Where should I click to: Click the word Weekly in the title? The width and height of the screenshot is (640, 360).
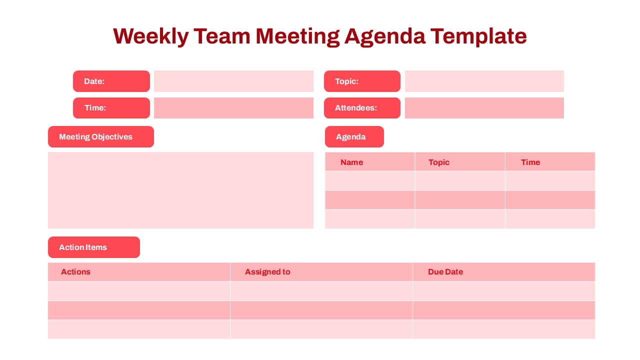(x=150, y=36)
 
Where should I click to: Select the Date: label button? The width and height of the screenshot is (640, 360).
(x=111, y=81)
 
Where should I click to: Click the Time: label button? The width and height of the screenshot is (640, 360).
(x=111, y=108)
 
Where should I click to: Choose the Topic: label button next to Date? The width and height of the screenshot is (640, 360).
(x=362, y=81)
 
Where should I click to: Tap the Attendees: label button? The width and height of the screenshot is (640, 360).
(x=362, y=108)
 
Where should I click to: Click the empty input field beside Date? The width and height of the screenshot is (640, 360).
(x=233, y=81)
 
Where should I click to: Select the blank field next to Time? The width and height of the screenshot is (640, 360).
(x=233, y=108)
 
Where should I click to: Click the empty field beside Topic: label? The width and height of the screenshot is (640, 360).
(x=484, y=81)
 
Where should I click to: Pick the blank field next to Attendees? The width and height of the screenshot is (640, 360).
(x=484, y=108)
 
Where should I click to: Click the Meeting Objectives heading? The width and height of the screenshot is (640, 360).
(x=100, y=137)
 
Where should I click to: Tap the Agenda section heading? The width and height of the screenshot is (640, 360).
(x=354, y=137)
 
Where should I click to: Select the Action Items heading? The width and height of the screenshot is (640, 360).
(x=93, y=247)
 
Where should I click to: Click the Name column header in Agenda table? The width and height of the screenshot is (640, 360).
(x=352, y=162)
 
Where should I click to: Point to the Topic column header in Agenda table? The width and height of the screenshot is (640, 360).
(x=439, y=162)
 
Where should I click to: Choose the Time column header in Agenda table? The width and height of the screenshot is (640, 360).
(x=530, y=162)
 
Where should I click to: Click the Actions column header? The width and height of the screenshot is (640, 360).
(x=76, y=272)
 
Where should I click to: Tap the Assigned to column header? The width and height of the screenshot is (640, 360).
(x=267, y=272)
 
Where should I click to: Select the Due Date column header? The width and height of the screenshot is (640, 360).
(x=445, y=272)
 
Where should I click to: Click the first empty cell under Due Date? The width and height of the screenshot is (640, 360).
(x=503, y=291)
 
